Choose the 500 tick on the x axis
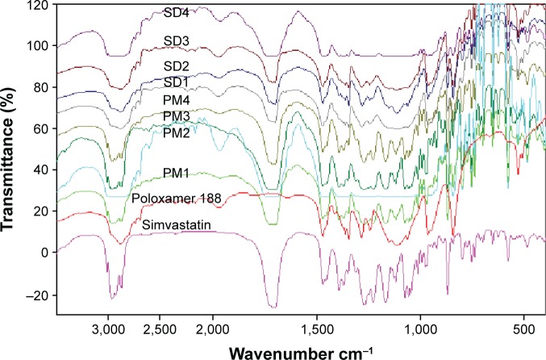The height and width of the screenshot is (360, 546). click(523, 329)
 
